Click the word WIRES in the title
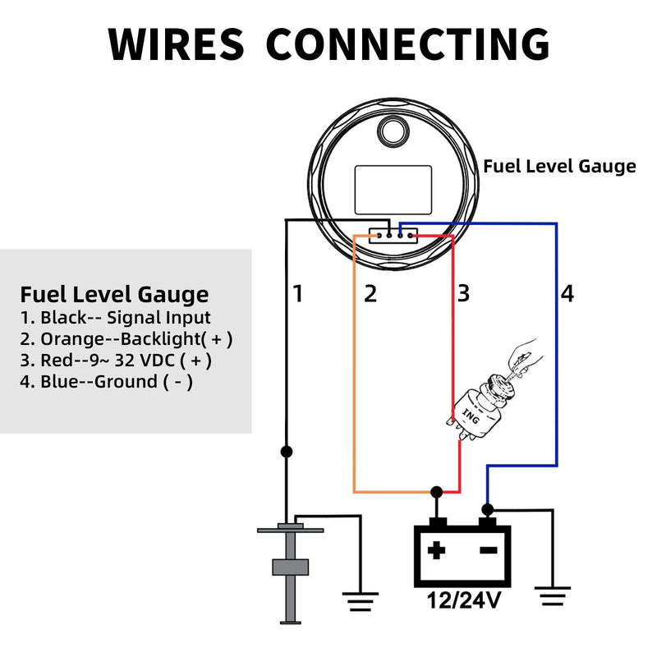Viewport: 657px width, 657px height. (x=176, y=44)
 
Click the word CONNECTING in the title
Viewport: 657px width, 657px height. (x=407, y=44)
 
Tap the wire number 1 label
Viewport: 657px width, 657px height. (x=298, y=293)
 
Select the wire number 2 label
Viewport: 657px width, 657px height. (x=370, y=293)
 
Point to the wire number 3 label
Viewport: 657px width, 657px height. (x=463, y=293)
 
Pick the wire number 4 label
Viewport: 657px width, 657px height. (x=567, y=293)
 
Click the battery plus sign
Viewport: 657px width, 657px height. (x=436, y=550)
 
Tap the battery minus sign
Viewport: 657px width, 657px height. (x=489, y=550)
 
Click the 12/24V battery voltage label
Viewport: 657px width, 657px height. (x=463, y=600)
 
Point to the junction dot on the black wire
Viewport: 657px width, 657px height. (x=287, y=452)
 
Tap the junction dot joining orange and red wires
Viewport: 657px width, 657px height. (x=436, y=491)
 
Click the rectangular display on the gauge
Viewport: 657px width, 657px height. (x=393, y=190)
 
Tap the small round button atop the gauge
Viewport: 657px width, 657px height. (x=393, y=131)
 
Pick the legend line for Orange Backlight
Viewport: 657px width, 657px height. (x=126, y=338)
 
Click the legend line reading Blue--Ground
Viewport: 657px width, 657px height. (x=107, y=382)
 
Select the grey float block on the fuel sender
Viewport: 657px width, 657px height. (x=291, y=567)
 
